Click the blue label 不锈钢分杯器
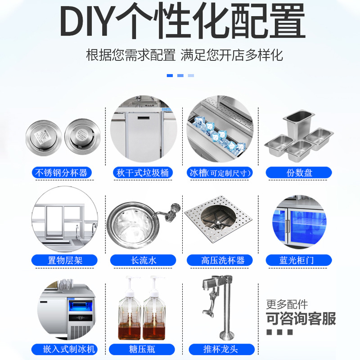[x=62, y=173]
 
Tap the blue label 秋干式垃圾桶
[x=143, y=173]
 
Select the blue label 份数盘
[x=299, y=173]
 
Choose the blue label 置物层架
[x=64, y=261]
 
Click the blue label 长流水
[x=143, y=261]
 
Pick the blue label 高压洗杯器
[x=220, y=261]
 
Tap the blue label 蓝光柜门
[x=299, y=261]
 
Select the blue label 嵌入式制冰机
[x=64, y=349]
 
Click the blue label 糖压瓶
[x=142, y=349]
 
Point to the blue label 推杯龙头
[x=222, y=349]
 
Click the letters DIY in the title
[x=87, y=21]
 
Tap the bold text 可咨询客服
[x=301, y=319]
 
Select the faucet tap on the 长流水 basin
[x=170, y=211]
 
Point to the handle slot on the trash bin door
[x=144, y=118]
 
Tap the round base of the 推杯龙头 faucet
[x=227, y=335]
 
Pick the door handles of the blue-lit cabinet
[x=287, y=226]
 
